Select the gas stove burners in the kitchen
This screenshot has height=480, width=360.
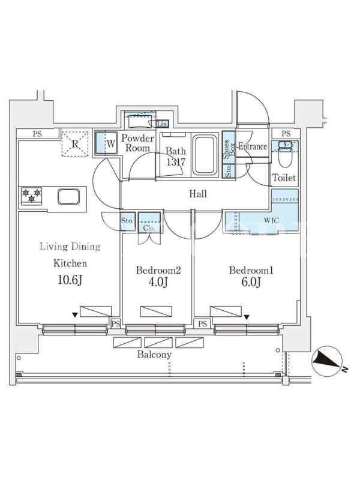click(31, 195)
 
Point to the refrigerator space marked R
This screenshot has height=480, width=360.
click(75, 144)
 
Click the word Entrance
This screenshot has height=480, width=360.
click(252, 146)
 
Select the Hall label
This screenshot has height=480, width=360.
click(197, 194)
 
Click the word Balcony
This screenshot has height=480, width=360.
click(154, 355)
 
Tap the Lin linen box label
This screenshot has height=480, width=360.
click(163, 124)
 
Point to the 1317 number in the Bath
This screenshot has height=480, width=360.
click(176, 162)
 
